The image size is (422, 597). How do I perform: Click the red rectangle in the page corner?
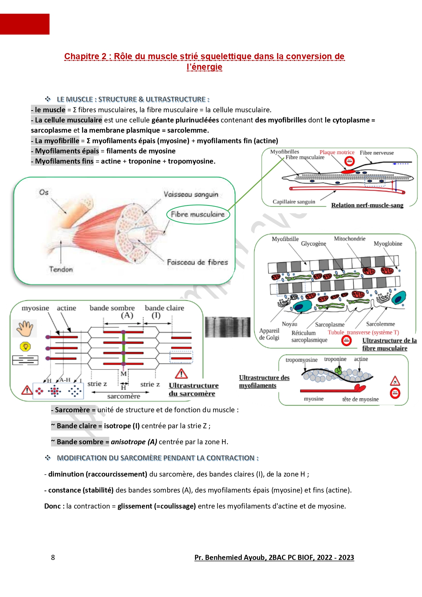click(24, 24)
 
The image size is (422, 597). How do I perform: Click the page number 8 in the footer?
click(53, 557)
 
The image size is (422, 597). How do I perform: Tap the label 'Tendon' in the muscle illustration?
click(61, 269)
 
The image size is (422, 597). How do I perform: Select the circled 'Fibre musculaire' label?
click(198, 214)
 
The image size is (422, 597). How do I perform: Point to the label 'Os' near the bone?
click(44, 192)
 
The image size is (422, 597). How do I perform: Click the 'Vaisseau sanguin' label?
click(191, 194)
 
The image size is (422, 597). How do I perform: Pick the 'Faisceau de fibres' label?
click(197, 262)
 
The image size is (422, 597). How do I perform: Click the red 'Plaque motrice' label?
click(337, 152)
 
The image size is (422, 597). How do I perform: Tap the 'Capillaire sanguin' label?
click(294, 202)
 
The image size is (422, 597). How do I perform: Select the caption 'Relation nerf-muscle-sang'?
click(367, 205)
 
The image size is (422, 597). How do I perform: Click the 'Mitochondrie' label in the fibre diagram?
click(350, 239)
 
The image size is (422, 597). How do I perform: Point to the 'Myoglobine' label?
click(388, 244)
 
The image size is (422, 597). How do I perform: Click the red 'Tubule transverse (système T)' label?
click(363, 332)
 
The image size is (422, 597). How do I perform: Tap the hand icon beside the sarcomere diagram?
click(25, 329)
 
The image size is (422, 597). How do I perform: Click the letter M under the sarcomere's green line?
click(123, 374)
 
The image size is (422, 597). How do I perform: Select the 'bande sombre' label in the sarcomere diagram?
click(112, 308)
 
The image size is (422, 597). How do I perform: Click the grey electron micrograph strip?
click(227, 327)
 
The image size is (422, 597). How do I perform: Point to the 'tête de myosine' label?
click(360, 399)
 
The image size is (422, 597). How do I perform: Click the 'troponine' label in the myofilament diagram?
click(335, 359)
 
